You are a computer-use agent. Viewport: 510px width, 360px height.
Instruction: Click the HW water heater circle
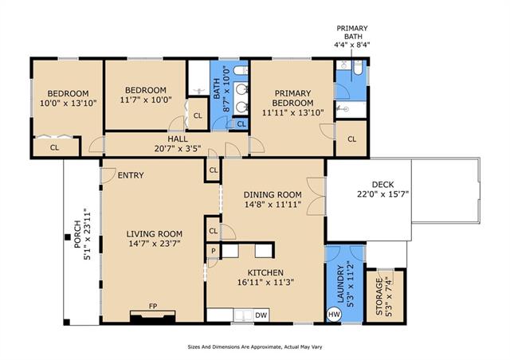click(334, 315)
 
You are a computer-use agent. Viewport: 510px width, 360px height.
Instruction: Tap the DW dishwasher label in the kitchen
click(261, 315)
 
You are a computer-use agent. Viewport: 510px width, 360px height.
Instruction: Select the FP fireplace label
click(153, 306)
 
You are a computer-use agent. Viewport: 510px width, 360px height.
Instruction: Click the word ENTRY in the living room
click(131, 175)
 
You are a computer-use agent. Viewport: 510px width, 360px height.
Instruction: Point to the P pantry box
click(214, 251)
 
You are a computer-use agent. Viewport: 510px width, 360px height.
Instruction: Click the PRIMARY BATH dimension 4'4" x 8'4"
click(352, 45)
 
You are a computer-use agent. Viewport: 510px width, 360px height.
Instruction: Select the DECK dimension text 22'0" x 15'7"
click(382, 194)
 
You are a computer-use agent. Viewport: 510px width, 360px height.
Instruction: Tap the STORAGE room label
click(379, 296)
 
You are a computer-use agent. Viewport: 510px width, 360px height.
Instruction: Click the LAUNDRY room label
click(340, 284)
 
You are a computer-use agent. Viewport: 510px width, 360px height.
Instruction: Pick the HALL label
click(177, 139)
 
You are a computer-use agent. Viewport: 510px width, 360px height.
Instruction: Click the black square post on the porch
click(67, 237)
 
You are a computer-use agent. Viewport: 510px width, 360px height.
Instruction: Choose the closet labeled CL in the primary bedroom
click(351, 139)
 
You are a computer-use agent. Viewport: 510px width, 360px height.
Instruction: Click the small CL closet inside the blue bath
click(241, 124)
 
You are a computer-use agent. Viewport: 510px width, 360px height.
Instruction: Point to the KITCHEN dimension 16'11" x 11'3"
click(265, 282)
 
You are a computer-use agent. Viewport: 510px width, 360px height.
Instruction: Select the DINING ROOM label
click(273, 194)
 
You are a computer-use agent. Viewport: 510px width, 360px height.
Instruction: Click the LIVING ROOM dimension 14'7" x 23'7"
click(155, 243)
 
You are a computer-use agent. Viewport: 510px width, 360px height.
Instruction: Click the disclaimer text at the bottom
click(255, 347)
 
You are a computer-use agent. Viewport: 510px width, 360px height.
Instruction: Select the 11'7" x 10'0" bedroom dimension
click(146, 100)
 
